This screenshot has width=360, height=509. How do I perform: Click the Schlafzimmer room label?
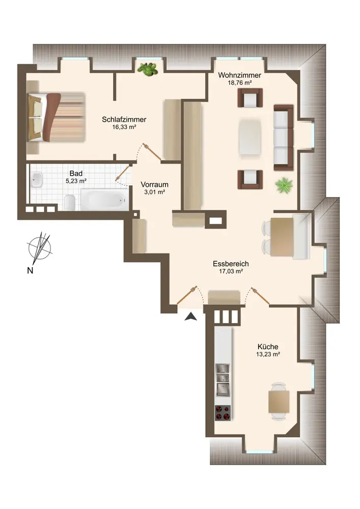tap(124, 120)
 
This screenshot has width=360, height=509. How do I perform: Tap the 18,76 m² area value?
tap(240, 83)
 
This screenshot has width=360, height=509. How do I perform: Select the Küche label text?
tap(268, 347)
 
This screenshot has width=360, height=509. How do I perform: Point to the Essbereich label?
tap(231, 264)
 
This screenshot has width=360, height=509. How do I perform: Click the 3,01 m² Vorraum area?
tap(154, 192)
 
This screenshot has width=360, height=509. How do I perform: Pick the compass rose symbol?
tap(40, 248)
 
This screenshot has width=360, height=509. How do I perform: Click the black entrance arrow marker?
tap(191, 317)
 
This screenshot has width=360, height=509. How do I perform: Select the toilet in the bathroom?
tap(70, 203)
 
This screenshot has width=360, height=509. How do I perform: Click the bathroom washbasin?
tap(38, 180)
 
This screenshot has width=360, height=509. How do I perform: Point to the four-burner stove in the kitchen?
tap(223, 413)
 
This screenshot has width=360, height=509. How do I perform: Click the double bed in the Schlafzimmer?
tap(56, 117)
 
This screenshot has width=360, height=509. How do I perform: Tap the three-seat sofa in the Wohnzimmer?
tap(284, 137)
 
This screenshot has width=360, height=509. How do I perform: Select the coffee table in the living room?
tap(251, 137)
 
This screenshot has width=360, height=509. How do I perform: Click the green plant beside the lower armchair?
tap(284, 186)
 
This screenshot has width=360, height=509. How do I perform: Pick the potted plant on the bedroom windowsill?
tap(148, 69)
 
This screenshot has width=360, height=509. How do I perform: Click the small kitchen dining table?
tap(279, 402)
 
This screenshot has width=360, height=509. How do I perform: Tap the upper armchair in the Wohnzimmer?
tap(251, 97)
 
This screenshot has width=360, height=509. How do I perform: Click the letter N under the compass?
tap(30, 270)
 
